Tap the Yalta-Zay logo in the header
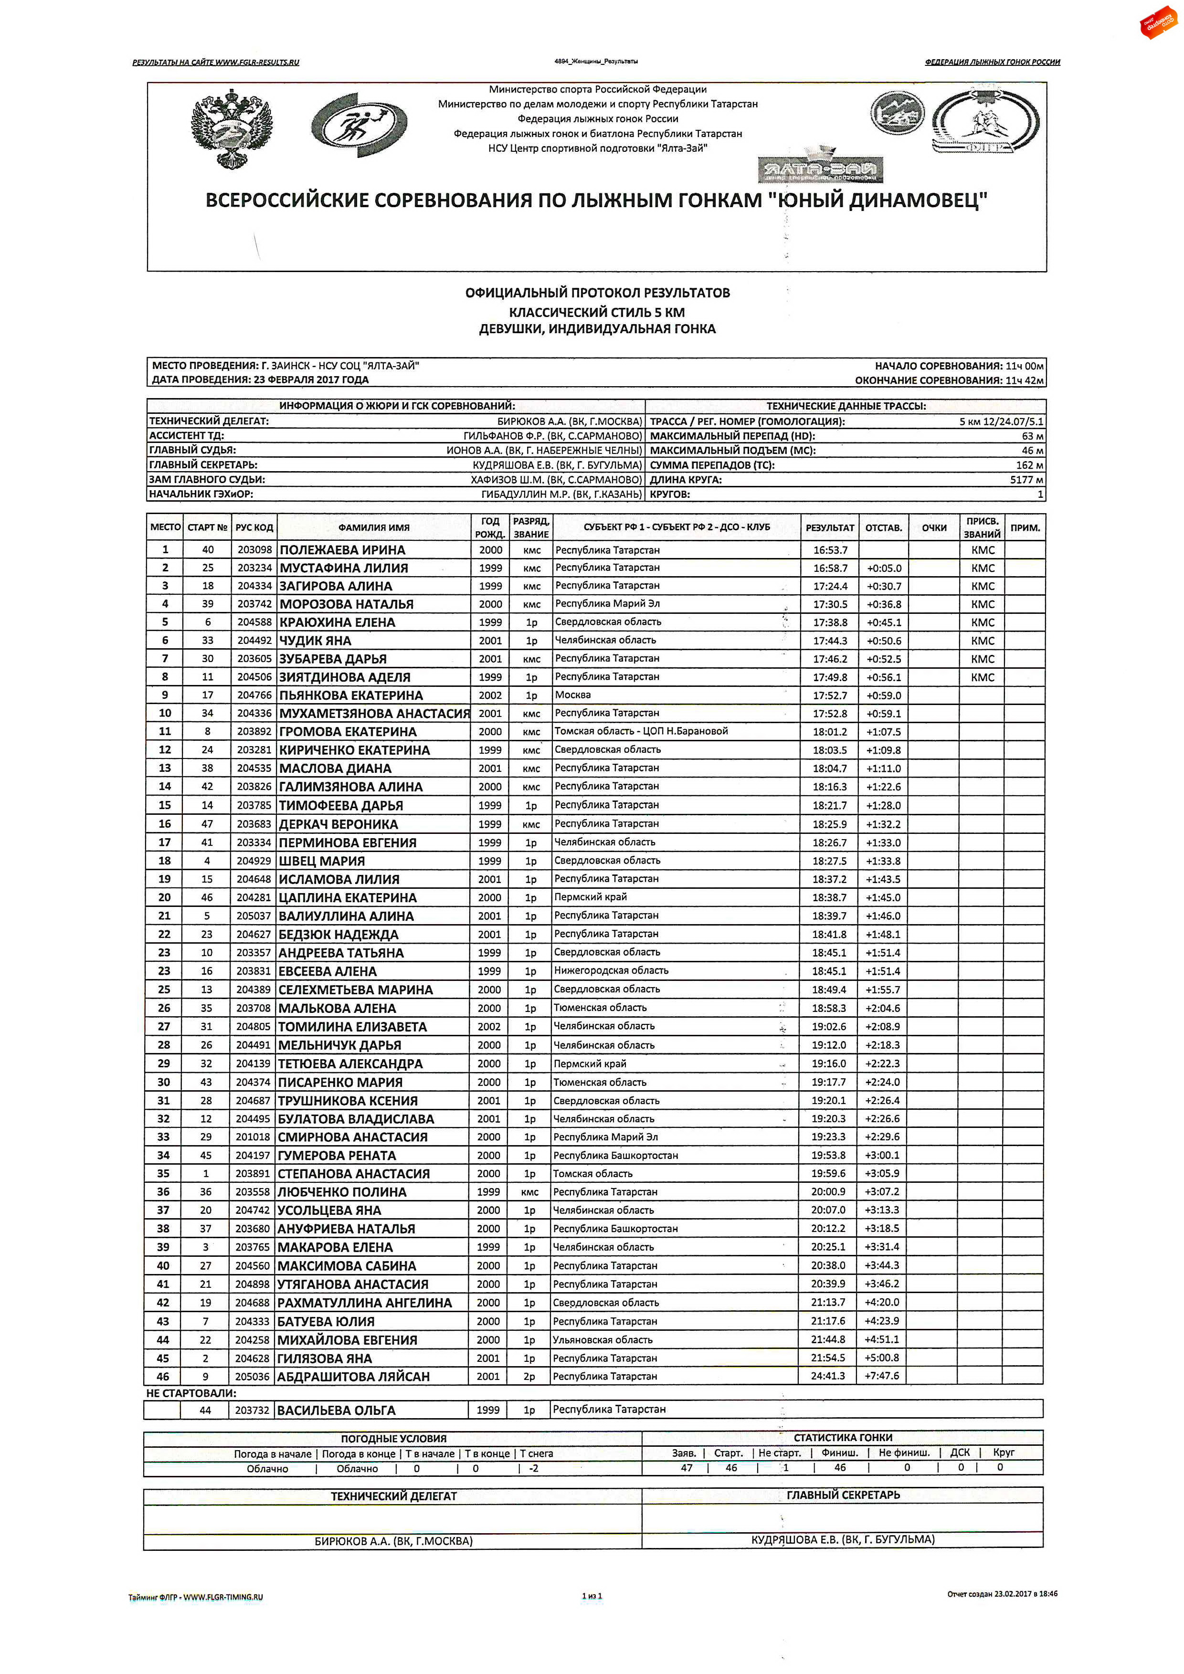[x=820, y=169]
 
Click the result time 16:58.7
[x=830, y=568]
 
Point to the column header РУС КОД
[x=254, y=527]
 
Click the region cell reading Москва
[x=572, y=695]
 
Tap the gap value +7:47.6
[x=882, y=1376]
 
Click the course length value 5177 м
[x=1026, y=480]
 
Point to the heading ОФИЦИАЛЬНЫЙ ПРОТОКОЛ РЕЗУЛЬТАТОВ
[x=597, y=293]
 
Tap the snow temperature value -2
[x=534, y=1468]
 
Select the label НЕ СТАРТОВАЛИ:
[x=191, y=1392]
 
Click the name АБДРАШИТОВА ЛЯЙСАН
[x=354, y=1377]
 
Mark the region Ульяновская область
[x=602, y=1339]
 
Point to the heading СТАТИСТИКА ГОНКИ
[x=843, y=1438]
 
